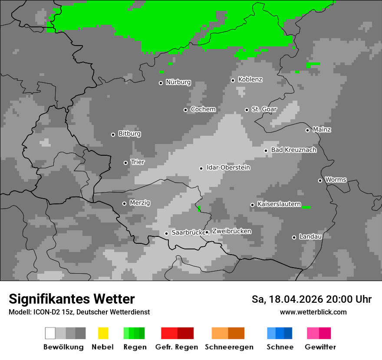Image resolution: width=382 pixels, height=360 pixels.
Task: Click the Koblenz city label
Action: coord(250,79)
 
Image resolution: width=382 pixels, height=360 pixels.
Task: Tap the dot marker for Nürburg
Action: coord(161,83)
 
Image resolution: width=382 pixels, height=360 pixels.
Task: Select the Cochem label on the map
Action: coord(203,109)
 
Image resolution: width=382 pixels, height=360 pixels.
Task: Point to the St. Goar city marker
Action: coord(247,110)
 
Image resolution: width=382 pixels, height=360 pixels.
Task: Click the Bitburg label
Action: coord(129,134)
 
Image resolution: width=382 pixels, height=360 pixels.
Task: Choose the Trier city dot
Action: coord(125,163)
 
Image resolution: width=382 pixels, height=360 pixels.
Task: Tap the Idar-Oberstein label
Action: coord(228,167)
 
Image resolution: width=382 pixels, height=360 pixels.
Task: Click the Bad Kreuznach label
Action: coord(293,150)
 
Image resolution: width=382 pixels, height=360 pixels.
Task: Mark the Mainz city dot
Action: coord(307,130)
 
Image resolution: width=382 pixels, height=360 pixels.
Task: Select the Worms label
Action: coord(336,180)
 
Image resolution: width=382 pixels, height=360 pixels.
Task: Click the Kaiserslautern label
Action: coord(279,204)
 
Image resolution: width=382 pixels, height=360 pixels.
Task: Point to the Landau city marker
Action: coord(294,237)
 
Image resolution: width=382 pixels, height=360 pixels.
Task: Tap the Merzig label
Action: coord(140,203)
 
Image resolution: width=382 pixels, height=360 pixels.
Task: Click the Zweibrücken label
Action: coord(231,231)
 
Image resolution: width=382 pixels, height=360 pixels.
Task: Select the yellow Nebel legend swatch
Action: coord(103,333)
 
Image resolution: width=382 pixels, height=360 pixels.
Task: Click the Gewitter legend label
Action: coord(320,347)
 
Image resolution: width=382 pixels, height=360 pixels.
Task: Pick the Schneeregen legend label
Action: coord(229,347)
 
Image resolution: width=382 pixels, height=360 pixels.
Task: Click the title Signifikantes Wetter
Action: coord(72,299)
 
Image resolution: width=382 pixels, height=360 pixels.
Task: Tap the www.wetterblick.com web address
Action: coord(313,312)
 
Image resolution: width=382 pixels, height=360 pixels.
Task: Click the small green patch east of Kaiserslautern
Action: coord(306,207)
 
